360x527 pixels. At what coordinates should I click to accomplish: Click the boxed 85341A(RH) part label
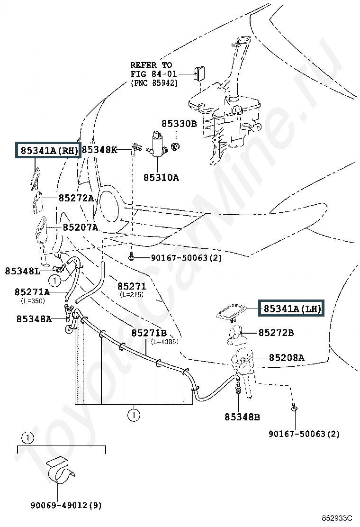coord(48,150)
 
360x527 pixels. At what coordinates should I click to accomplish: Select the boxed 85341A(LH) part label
coord(291,308)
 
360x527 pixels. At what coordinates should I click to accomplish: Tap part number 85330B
coord(179,124)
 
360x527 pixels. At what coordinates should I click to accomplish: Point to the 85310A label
coord(161,177)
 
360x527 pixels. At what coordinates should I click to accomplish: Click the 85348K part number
coord(99,150)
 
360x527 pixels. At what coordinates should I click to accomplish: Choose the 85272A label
coord(76,198)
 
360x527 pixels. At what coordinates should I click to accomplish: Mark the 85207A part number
coord(80,227)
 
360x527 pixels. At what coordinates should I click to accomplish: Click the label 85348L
coord(23,271)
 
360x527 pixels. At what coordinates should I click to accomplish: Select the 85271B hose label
coord(149,333)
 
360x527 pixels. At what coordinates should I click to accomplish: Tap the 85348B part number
coord(242,417)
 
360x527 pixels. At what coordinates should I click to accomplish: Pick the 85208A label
coord(287,358)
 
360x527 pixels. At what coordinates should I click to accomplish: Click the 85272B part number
coord(276,333)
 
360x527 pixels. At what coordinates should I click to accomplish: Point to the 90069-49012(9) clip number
coord(66,505)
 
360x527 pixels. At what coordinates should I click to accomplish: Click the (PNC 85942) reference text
coord(154,82)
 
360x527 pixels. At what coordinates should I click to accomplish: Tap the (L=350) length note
coord(33,301)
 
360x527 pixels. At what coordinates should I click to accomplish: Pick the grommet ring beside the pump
coord(176,146)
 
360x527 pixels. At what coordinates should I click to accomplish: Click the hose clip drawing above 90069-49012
coord(59,471)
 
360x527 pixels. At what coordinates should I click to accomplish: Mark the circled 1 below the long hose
coord(134,415)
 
